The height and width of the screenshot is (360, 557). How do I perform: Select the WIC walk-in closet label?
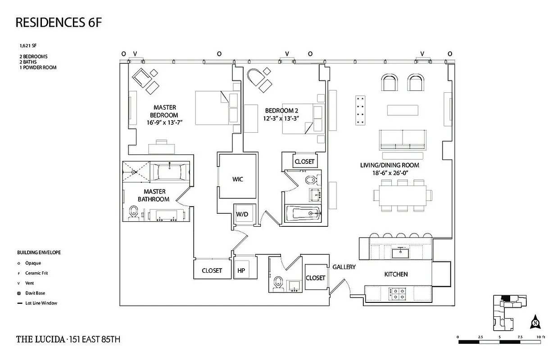coord(238,179)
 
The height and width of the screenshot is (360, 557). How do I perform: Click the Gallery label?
coord(344,267)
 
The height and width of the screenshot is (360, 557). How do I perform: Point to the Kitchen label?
coord(396,274)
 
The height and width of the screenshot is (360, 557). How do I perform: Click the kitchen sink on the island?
coord(400,253)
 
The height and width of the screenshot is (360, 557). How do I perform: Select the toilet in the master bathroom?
coord(133,213)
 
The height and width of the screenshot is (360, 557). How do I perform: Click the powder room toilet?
coord(278,283)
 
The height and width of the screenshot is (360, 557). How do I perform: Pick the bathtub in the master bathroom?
coord(169,172)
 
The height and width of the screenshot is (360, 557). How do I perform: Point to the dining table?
coord(403,195)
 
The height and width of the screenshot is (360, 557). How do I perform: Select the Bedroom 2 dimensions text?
coord(281,118)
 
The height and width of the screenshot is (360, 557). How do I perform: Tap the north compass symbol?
coord(535,322)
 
